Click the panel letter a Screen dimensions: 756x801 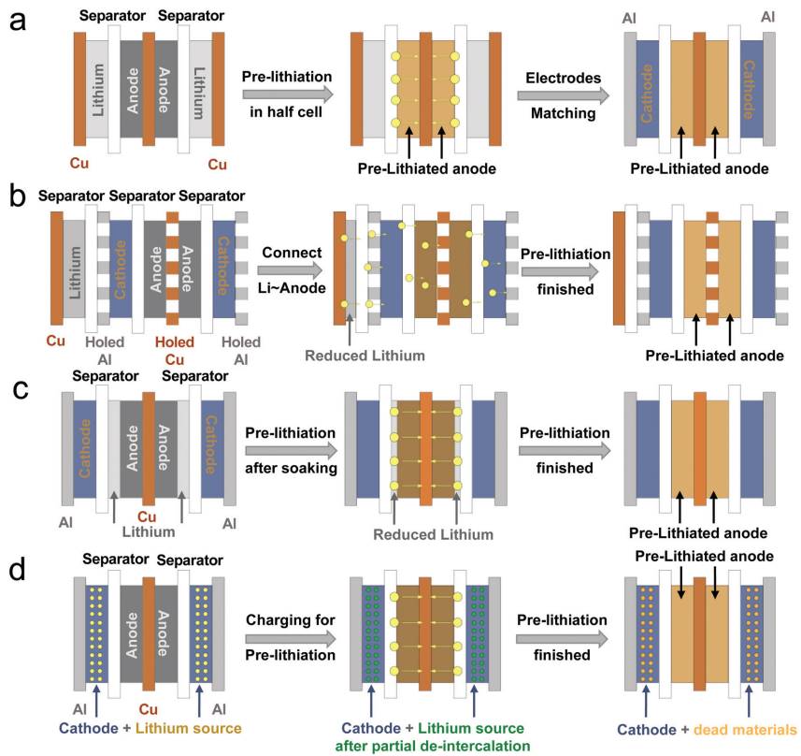[17, 21]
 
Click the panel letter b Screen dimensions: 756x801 [17, 199]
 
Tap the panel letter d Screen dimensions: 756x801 [19, 568]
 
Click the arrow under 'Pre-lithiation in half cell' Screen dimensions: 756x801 [286, 94]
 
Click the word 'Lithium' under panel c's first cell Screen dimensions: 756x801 [150, 532]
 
